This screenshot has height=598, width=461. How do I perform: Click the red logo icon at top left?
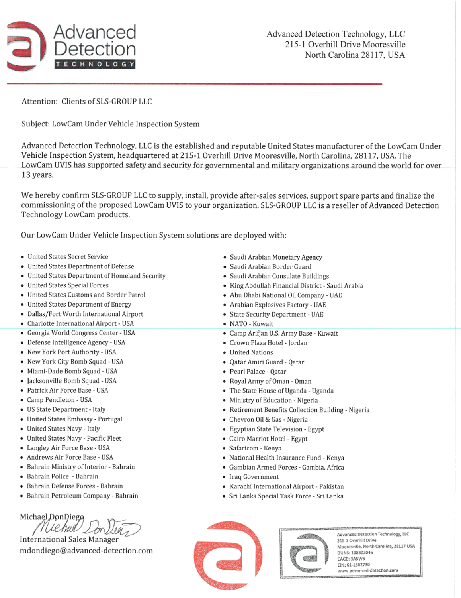tap(26, 46)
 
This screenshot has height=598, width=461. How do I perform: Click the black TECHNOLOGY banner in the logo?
tap(95, 64)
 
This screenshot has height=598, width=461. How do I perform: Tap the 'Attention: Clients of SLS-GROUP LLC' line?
tap(87, 102)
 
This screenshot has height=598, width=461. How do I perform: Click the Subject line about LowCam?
tap(110, 124)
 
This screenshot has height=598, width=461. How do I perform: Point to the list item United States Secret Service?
tap(68, 257)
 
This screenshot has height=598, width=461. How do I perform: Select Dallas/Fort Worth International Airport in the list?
tap(85, 314)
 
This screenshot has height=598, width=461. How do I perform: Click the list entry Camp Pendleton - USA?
tap(59, 400)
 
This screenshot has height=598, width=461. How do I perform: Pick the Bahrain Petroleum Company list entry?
tap(82, 496)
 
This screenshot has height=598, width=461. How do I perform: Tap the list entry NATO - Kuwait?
tap(251, 324)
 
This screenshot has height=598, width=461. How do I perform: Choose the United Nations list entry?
tap(251, 352)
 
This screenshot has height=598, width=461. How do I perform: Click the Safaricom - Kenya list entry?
tap(255, 448)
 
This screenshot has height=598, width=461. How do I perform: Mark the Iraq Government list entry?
tap(254, 477)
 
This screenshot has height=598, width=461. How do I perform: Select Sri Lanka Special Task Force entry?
tap(286, 496)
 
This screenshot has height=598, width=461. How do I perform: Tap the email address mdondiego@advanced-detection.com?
tap(86, 551)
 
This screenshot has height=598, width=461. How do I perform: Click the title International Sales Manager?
tap(69, 539)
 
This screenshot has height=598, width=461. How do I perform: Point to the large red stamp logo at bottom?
tap(228, 555)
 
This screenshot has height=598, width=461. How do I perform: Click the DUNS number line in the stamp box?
tap(355, 553)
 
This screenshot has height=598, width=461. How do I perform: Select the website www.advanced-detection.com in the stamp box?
tap(367, 570)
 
